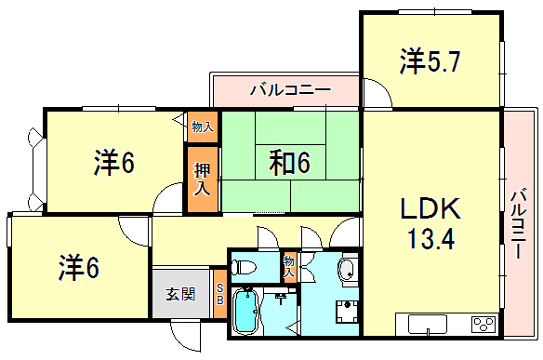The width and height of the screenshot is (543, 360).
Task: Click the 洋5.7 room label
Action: tap(430, 61)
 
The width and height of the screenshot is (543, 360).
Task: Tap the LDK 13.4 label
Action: tap(430, 223)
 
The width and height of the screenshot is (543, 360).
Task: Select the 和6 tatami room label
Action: tap(289, 163)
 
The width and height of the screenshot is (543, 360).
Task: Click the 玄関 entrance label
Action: tap(180, 294)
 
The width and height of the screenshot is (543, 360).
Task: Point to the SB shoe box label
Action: tap(220, 294)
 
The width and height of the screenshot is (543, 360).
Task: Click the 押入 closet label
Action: tap(202, 179)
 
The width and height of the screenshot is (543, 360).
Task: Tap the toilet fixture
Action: tap(244, 267)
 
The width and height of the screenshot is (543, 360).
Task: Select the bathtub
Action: tap(245, 311)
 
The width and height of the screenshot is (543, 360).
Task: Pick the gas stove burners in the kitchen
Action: tap(483, 325)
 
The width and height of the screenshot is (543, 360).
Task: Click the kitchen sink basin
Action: tap(428, 324)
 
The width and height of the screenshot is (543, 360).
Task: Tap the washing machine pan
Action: tap(347, 312)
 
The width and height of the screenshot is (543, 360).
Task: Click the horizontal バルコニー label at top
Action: tap(290, 90)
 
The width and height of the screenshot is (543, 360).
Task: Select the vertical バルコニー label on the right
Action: tap(519, 223)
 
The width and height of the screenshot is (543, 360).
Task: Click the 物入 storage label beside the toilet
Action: tap(289, 266)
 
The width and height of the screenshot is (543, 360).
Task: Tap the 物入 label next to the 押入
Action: tap(203, 127)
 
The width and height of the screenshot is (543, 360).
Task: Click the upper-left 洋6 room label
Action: tap(114, 163)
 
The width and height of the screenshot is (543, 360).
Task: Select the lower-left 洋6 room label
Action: tap(79, 267)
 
